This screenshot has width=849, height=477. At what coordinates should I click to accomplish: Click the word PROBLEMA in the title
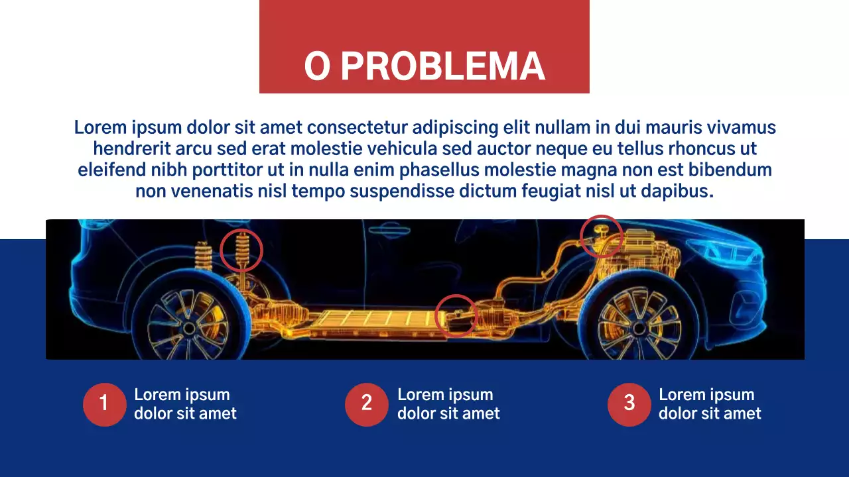pos(443,66)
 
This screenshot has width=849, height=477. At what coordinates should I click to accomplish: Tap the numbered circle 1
pos(104,403)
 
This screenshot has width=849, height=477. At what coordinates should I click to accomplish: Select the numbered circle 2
pos(366,403)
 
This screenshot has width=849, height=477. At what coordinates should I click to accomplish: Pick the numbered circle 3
pos(629,403)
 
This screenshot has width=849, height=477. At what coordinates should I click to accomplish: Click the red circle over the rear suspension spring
pos(241,250)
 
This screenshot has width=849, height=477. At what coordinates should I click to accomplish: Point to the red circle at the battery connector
pos(456,315)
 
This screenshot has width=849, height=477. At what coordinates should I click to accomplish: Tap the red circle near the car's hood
pos(601,236)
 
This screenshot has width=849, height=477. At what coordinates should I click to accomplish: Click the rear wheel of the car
pos(188,327)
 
